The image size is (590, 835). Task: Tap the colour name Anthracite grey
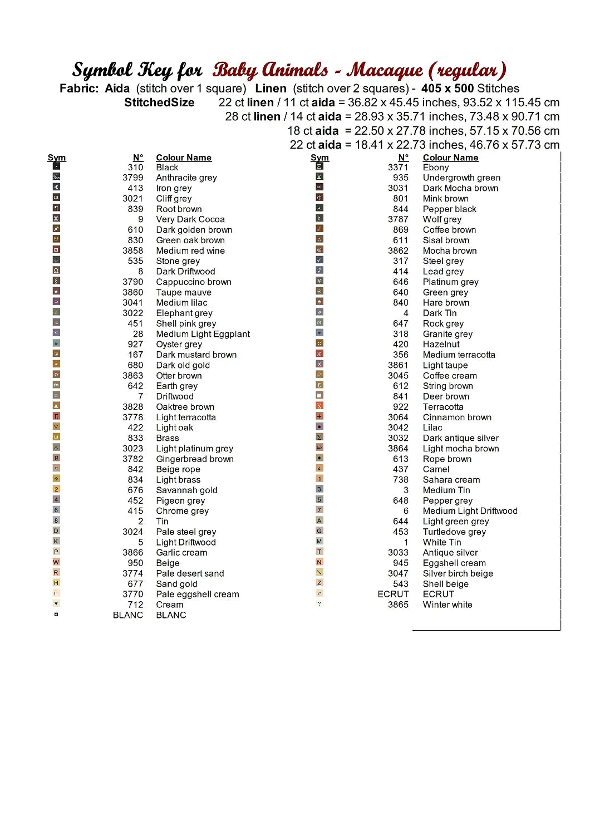pyautogui.click(x=186, y=178)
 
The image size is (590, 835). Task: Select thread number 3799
pyautogui.click(x=133, y=178)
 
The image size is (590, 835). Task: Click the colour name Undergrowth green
pyautogui.click(x=461, y=178)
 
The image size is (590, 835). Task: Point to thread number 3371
pyautogui.click(x=398, y=167)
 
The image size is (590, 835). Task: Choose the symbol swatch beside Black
pyautogui.click(x=56, y=166)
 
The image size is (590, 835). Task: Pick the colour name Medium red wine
pyautogui.click(x=190, y=250)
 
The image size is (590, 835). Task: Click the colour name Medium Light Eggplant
pyautogui.click(x=203, y=334)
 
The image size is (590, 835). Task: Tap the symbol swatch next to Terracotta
pyautogui.click(x=319, y=406)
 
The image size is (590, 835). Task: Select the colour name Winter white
pyautogui.click(x=448, y=605)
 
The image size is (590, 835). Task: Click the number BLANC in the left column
pyautogui.click(x=128, y=615)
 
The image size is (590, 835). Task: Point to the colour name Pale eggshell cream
pyautogui.click(x=198, y=594)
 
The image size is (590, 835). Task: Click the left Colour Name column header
pyautogui.click(x=184, y=158)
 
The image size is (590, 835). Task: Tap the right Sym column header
pyautogui.click(x=319, y=158)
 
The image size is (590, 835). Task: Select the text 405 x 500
pyautogui.click(x=448, y=89)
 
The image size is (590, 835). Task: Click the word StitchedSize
pyautogui.click(x=159, y=102)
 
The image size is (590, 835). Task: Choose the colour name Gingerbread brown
pyautogui.click(x=195, y=459)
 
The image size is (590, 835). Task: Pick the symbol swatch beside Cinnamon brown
pyautogui.click(x=319, y=416)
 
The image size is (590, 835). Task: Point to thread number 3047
pyautogui.click(x=398, y=573)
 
